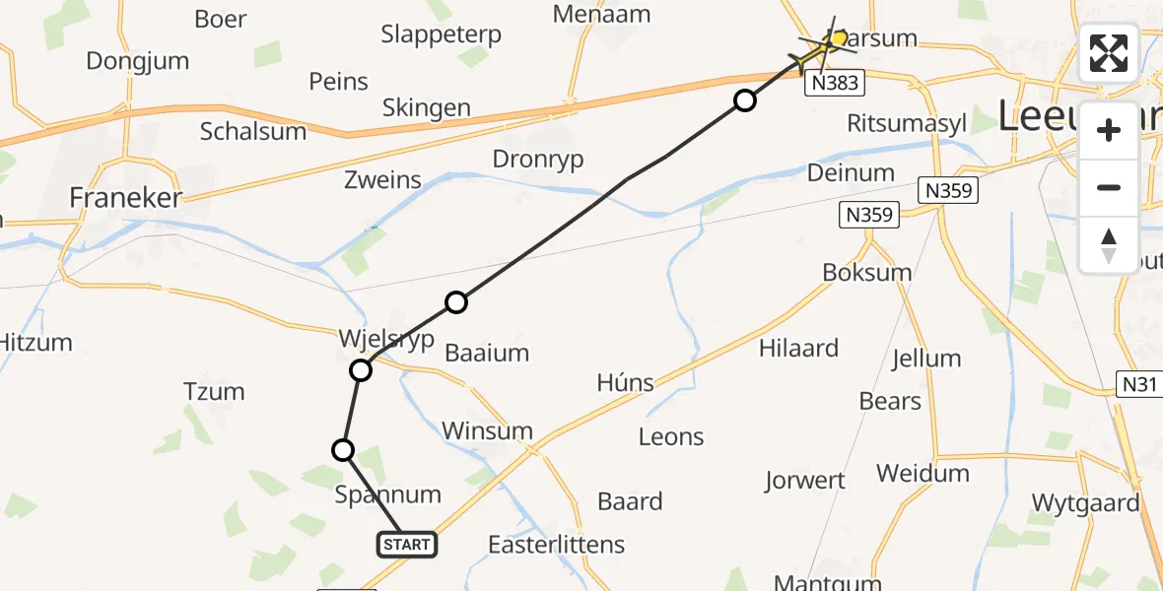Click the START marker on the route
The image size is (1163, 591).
[x=406, y=544]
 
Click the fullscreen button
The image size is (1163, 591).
[x=1109, y=53]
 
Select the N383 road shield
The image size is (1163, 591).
[x=835, y=85]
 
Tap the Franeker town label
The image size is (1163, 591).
[x=126, y=198]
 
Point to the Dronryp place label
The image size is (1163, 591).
[x=538, y=159]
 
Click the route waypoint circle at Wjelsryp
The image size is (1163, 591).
[x=361, y=370]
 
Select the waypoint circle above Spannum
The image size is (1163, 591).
[x=342, y=450]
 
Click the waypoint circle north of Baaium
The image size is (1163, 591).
[x=455, y=302]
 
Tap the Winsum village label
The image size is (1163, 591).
[x=487, y=430]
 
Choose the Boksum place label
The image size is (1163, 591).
[x=866, y=272]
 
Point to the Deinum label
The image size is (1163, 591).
[x=851, y=172]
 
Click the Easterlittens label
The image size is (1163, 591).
[x=557, y=544]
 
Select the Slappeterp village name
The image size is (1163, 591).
[x=441, y=34]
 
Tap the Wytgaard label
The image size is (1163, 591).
[x=1085, y=503]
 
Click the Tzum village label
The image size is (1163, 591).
[x=214, y=392]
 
